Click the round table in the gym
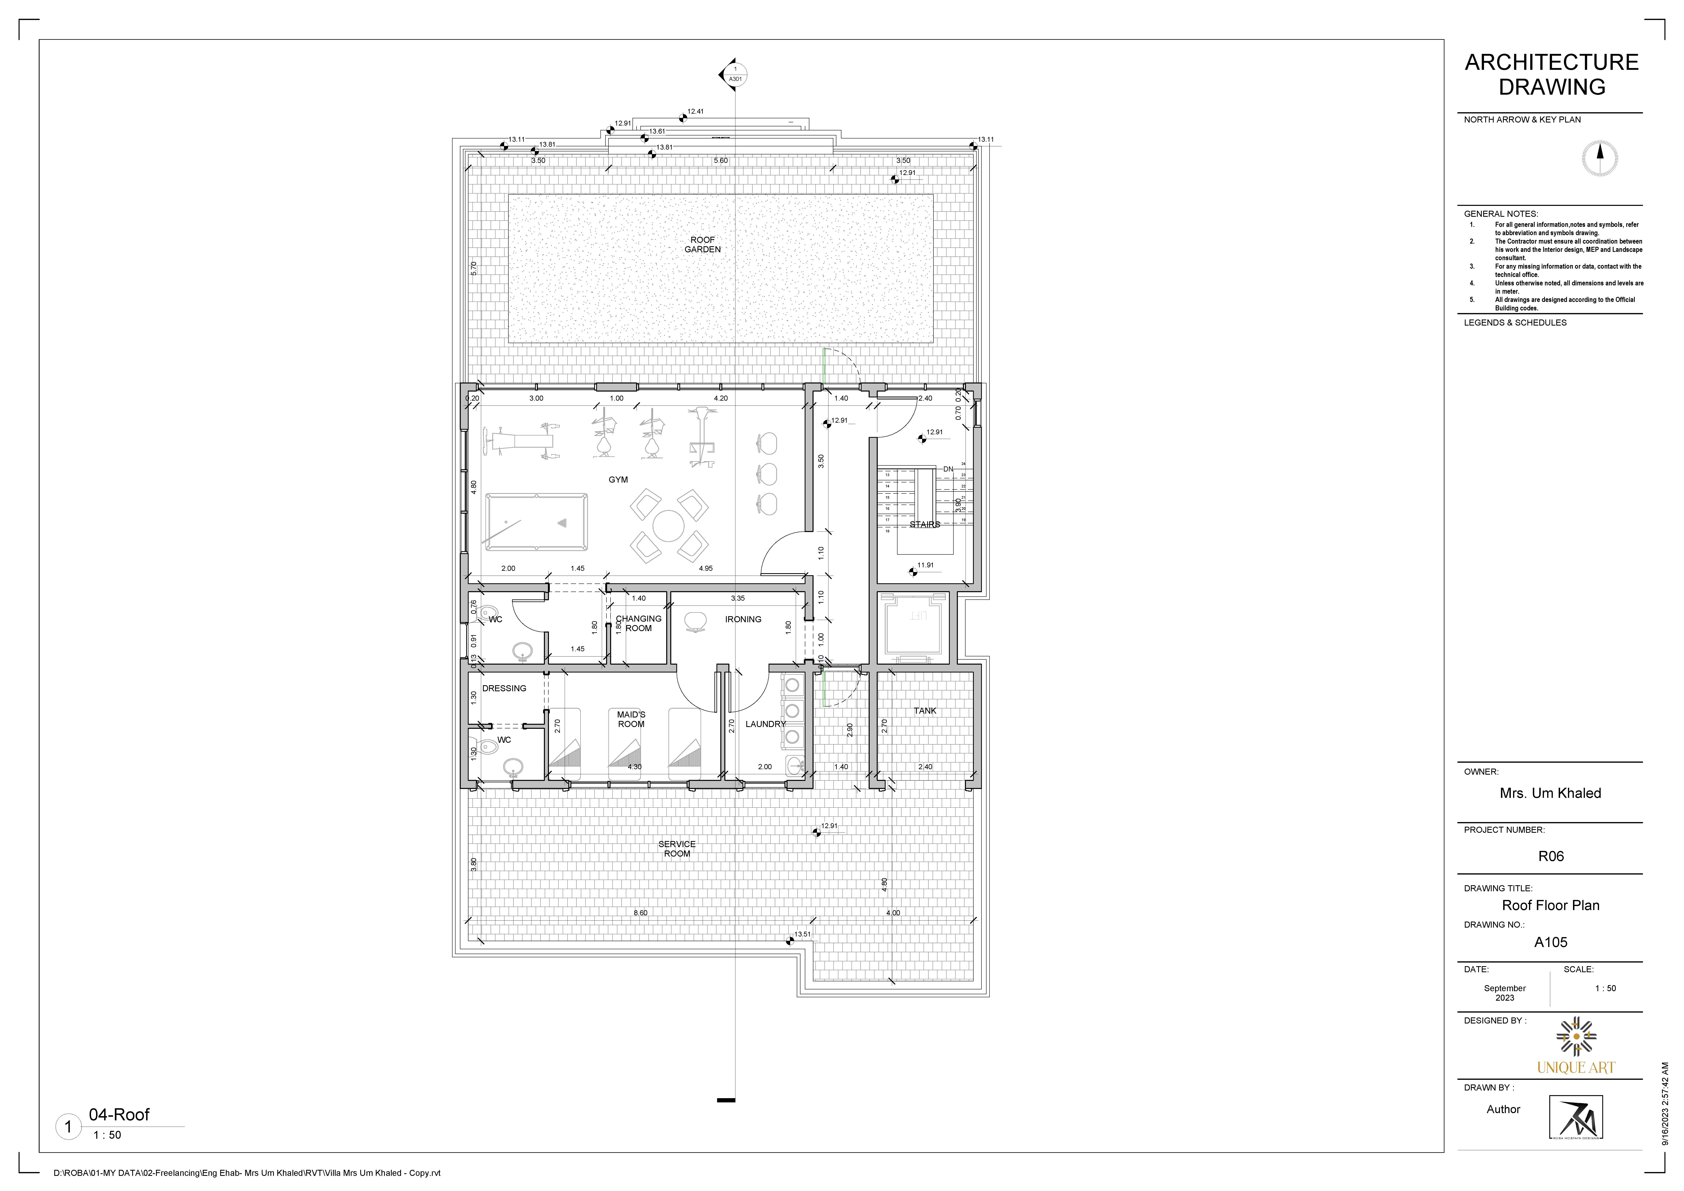point(668,526)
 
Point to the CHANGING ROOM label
point(638,623)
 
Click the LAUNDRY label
point(765,724)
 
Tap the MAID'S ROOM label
point(631,720)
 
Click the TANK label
point(925,711)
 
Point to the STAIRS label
point(924,524)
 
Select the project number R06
point(1551,856)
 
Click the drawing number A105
point(1551,942)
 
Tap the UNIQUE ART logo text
point(1575,1068)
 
